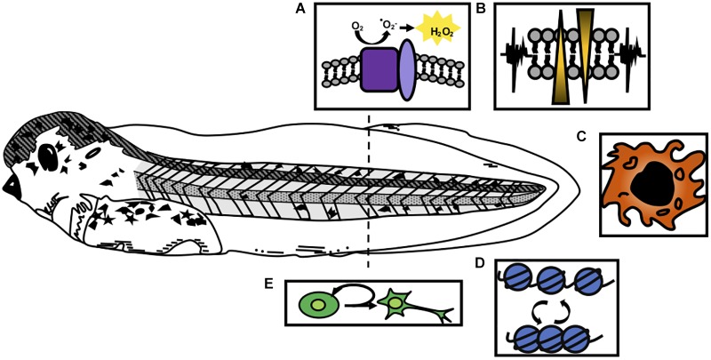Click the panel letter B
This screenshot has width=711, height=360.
click(x=481, y=11)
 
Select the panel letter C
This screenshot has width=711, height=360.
click(x=581, y=137)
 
